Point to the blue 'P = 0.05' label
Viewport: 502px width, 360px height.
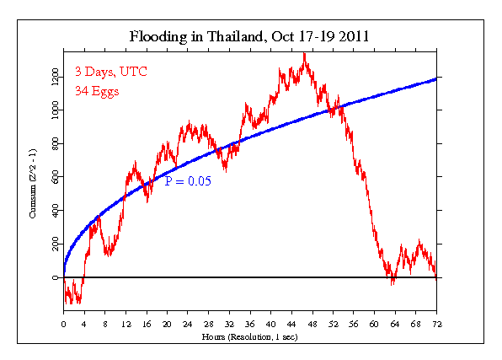click(188, 180)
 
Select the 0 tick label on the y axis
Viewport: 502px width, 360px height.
click(56, 277)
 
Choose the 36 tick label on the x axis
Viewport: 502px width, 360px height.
click(250, 323)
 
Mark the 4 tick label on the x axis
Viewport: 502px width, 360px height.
click(84, 323)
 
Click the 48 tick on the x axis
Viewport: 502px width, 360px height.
click(312, 323)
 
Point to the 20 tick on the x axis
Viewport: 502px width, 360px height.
click(167, 323)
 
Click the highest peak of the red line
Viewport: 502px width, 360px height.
click(304, 54)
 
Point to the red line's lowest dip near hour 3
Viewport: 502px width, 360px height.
click(78, 302)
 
